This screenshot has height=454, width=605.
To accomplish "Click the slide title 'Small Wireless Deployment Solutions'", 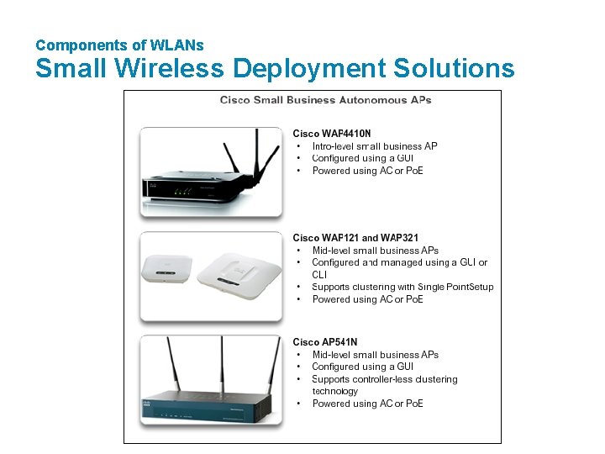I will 274,68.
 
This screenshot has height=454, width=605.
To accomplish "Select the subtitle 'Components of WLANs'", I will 119,45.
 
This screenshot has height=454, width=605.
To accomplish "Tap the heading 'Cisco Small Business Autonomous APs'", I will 325,100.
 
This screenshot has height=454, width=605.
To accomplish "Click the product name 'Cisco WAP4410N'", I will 332,134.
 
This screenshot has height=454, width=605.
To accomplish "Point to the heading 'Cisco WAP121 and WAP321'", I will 355,238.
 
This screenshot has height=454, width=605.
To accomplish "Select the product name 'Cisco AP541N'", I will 324,342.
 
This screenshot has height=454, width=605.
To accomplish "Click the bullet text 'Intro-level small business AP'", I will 374,146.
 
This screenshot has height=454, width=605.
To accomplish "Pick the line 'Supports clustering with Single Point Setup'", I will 402,287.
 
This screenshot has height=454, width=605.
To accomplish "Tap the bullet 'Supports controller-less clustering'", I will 384,379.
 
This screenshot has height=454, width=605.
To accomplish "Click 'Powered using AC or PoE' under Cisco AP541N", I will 367,404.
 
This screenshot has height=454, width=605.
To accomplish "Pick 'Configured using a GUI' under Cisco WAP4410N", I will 362,158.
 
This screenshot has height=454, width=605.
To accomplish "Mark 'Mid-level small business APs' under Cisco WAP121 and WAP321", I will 375,251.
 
